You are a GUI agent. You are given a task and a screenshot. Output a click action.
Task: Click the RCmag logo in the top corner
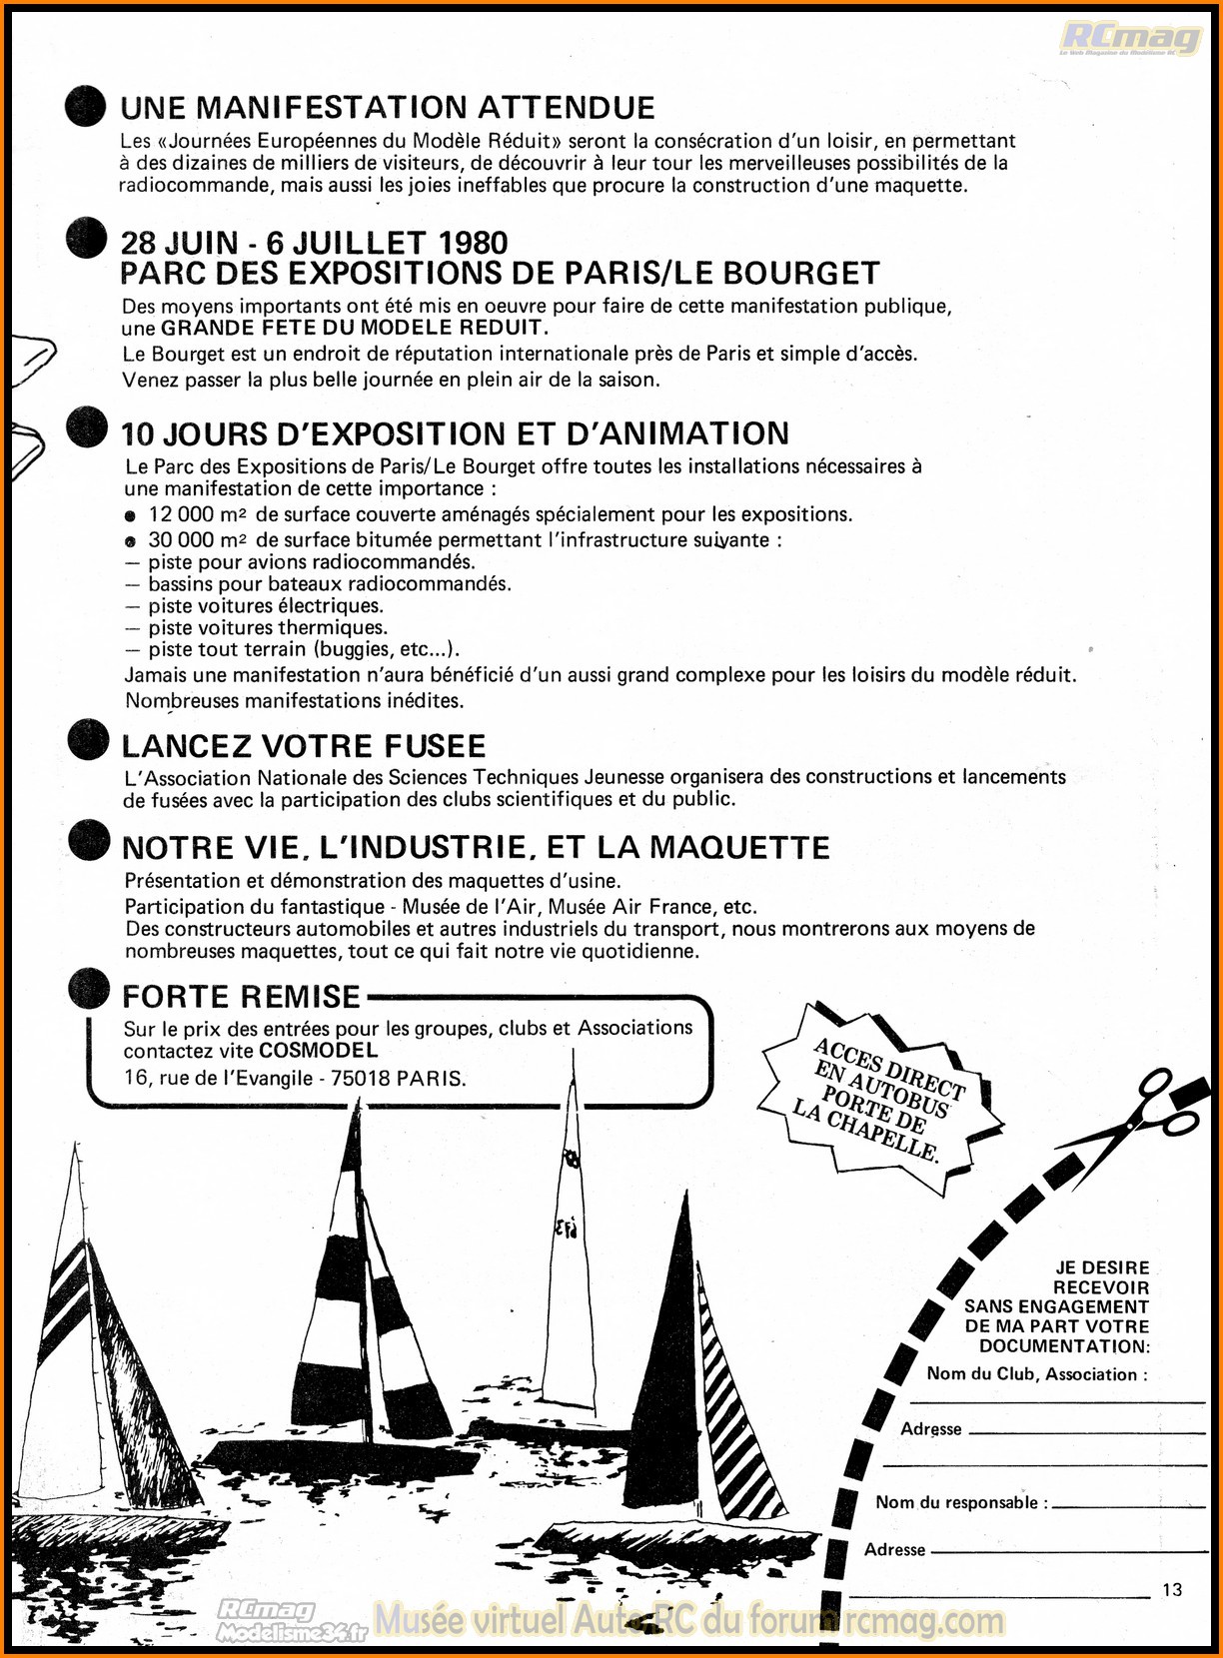[1130, 39]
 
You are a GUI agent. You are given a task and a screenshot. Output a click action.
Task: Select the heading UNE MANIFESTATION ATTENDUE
[388, 108]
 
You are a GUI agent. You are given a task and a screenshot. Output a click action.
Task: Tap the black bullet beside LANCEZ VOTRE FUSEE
[88, 741]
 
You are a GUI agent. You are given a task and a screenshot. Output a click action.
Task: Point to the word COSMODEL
[319, 1051]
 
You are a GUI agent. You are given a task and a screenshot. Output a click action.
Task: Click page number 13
[1172, 1589]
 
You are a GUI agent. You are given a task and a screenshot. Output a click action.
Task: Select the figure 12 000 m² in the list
[197, 514]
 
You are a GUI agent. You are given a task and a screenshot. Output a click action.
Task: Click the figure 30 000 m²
[197, 540]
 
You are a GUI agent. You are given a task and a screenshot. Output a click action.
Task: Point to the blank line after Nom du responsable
[1129, 1505]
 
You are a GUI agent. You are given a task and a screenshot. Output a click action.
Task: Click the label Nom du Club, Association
[1035, 1374]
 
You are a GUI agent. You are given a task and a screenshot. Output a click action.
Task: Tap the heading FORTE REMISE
[241, 997]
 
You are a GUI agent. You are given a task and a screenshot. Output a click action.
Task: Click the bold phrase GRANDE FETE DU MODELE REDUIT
[355, 328]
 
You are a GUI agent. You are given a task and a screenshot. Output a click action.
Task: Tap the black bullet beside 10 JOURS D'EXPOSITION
[87, 428]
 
